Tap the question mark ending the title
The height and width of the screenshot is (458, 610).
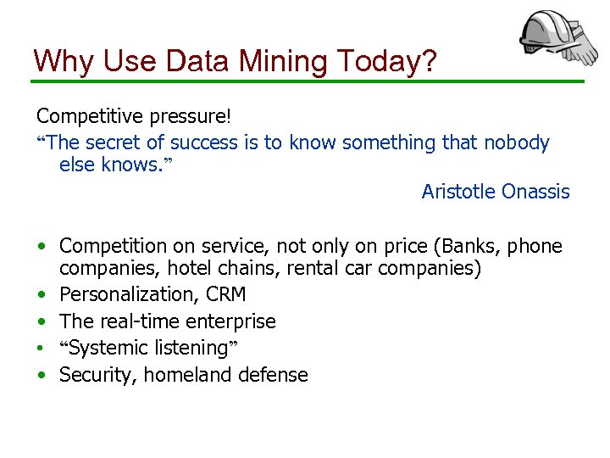tap(426, 61)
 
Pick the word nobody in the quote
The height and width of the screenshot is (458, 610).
tap(516, 142)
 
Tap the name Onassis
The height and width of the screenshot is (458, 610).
tap(535, 192)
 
